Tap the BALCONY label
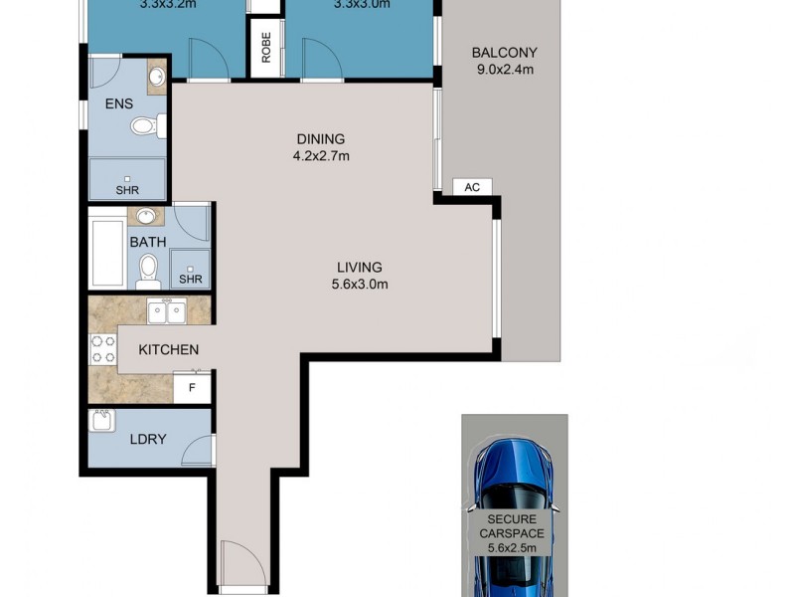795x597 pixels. (x=504, y=53)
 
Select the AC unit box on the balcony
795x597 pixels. (x=472, y=187)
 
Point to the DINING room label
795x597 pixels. (x=320, y=138)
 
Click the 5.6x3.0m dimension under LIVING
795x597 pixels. (x=360, y=284)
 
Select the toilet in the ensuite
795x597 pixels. (x=145, y=126)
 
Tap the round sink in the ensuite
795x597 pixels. (x=157, y=77)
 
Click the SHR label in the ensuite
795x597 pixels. (x=126, y=190)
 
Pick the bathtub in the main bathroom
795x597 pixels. (x=106, y=252)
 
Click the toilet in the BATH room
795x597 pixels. (x=148, y=267)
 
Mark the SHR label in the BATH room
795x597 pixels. (x=190, y=280)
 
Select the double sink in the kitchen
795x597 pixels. (x=165, y=312)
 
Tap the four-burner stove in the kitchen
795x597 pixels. (x=102, y=349)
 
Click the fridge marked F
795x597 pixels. (x=191, y=387)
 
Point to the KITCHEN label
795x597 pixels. (x=168, y=349)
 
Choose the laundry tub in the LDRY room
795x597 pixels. (x=102, y=422)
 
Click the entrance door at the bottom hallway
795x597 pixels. (x=243, y=562)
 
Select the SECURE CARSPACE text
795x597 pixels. (x=513, y=526)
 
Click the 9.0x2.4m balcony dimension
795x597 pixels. (x=504, y=70)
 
